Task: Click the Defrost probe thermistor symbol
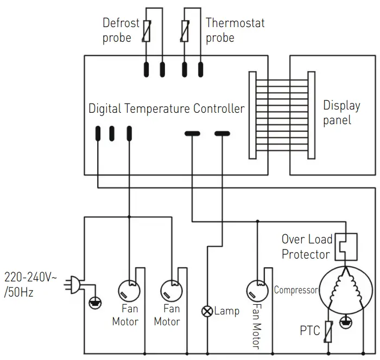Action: coord(146,30)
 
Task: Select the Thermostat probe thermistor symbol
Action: coord(186,30)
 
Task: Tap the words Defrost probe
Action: coord(121,30)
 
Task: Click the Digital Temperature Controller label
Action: coord(166,108)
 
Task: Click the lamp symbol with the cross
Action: coord(207,311)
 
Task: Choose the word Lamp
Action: coord(226,311)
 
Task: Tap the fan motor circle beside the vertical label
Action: coord(256,290)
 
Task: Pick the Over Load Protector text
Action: coord(306,247)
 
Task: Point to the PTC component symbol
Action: coord(328,330)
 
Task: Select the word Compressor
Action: coord(295,290)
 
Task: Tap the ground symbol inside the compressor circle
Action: coord(344,323)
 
